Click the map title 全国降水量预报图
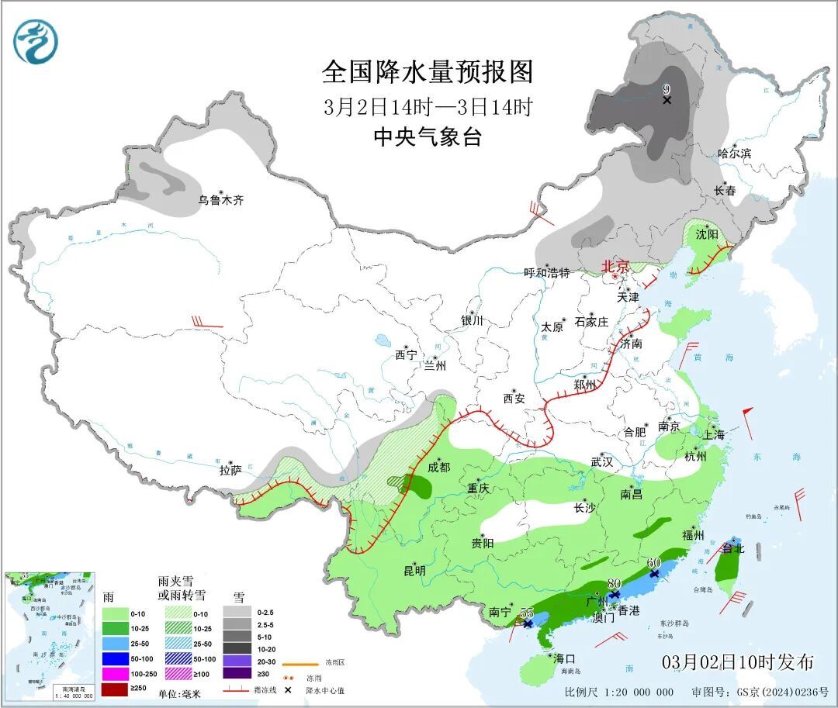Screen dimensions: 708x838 coord(428,72)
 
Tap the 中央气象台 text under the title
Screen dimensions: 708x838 coord(428,137)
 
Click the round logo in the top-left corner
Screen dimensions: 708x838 coord(36,42)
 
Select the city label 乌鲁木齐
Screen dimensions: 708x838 coord(220,200)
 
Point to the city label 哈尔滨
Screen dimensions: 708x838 coord(734,154)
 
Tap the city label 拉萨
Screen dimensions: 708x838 coord(230,470)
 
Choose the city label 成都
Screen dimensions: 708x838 coord(438,467)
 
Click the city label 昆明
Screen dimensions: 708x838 coord(414,571)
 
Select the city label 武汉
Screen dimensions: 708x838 coord(602,461)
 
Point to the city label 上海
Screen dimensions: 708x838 coord(714,435)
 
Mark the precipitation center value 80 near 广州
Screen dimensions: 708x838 coord(615,583)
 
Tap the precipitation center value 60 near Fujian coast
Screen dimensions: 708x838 coord(653,562)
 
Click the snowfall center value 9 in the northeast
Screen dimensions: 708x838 coord(666,89)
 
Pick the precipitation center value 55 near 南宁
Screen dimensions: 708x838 coord(527,612)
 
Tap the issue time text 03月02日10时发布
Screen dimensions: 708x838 coord(738,662)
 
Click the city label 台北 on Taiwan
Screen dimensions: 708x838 coord(733,548)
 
